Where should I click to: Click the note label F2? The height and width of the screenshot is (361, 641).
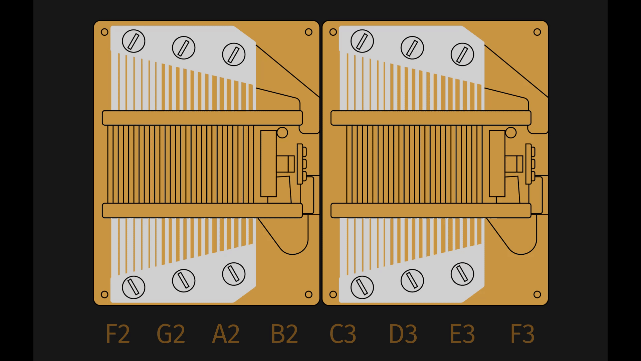point(118,334)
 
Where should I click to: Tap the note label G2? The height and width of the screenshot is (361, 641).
point(171,334)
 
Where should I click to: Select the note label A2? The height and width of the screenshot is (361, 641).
point(226,334)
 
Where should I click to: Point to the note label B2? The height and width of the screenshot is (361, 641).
point(284,334)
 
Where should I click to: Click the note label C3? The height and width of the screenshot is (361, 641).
point(343,334)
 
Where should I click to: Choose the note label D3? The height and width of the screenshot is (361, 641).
point(403,334)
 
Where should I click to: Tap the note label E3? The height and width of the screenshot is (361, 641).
point(462,334)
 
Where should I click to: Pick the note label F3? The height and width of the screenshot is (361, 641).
point(522,334)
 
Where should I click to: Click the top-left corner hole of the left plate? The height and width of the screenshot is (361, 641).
point(104,32)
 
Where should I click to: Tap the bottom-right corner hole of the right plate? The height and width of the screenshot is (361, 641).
point(537,294)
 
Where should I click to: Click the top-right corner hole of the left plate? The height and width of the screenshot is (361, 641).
point(308,32)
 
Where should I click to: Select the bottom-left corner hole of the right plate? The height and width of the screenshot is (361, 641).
point(333,294)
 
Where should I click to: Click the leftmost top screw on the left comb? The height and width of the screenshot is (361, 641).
point(134,41)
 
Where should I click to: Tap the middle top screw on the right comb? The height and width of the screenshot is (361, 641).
point(412,47)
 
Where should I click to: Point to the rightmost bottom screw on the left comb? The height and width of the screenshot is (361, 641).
point(234,274)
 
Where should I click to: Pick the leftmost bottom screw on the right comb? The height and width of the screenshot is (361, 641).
point(362,287)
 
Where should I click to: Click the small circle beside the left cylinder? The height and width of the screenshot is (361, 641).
point(282,133)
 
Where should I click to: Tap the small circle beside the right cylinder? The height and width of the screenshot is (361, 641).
point(511,133)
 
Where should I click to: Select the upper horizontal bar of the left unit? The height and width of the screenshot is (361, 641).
point(202,118)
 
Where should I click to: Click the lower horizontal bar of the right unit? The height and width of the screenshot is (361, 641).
point(431,211)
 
